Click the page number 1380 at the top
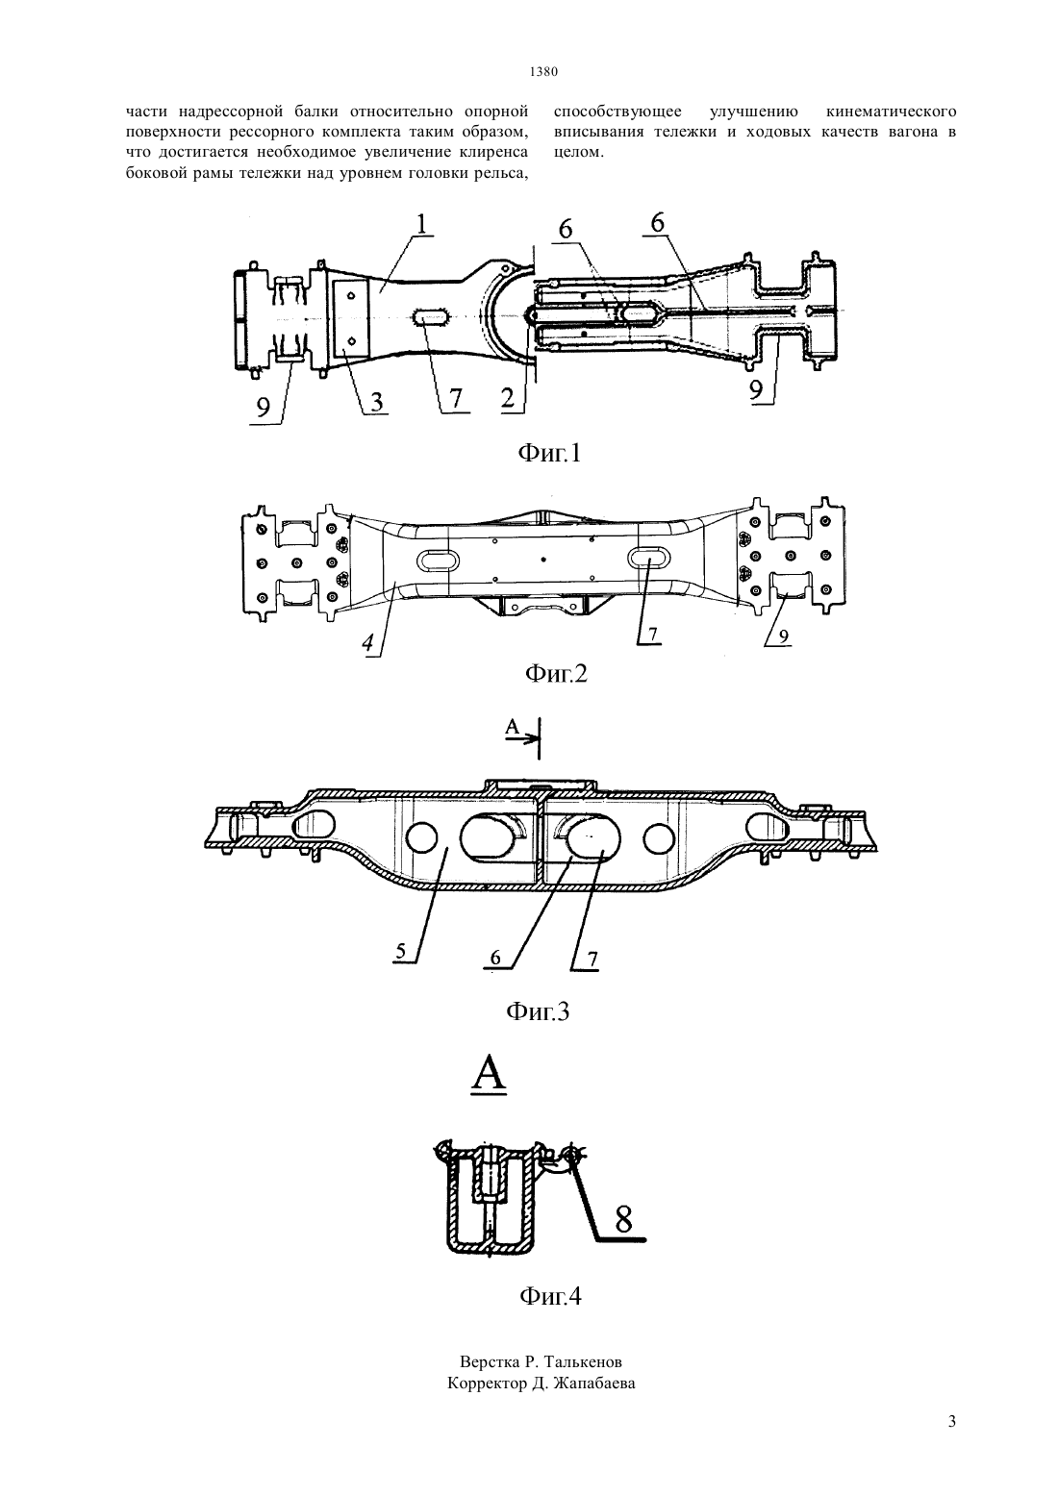tap(543, 71)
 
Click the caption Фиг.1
tap(550, 454)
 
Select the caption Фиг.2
tap(556, 673)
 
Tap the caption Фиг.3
tap(538, 1011)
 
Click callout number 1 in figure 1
tap(422, 225)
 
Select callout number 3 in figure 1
tap(375, 402)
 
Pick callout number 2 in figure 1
tap(508, 399)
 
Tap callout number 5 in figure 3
tap(399, 953)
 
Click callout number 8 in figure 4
tap(623, 1219)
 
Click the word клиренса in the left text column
tap(493, 153)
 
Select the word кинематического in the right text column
tap(891, 112)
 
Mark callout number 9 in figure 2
tap(784, 637)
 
